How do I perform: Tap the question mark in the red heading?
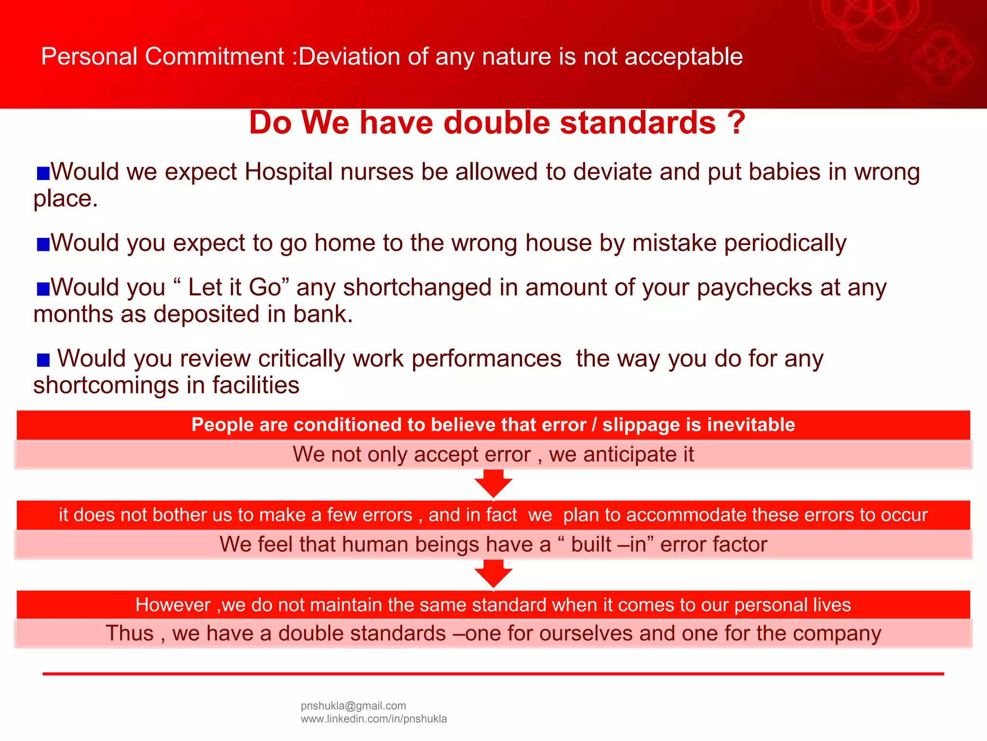click(x=736, y=123)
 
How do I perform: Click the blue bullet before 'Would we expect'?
click(x=43, y=173)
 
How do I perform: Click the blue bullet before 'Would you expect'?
click(x=43, y=244)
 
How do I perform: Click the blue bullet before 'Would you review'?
click(x=43, y=360)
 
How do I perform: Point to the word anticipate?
click(x=627, y=454)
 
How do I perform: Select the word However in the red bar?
click(x=173, y=605)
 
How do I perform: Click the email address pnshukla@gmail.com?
click(x=353, y=706)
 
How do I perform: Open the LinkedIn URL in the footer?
click(x=373, y=719)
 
